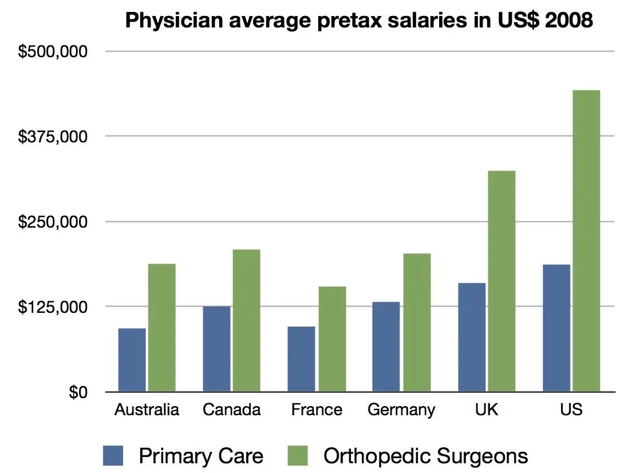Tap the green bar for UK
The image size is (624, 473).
501,281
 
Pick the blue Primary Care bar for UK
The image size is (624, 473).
472,337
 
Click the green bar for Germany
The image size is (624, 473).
416,323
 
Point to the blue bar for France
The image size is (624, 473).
301,359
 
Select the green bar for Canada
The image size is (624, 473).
246,320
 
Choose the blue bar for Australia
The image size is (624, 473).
132,360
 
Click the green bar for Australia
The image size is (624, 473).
162,328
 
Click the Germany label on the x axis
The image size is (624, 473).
401,410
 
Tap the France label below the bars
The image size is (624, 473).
317,410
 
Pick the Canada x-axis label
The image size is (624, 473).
232,410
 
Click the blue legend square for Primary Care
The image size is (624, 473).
113,456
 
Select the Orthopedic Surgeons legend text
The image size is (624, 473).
425,456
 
